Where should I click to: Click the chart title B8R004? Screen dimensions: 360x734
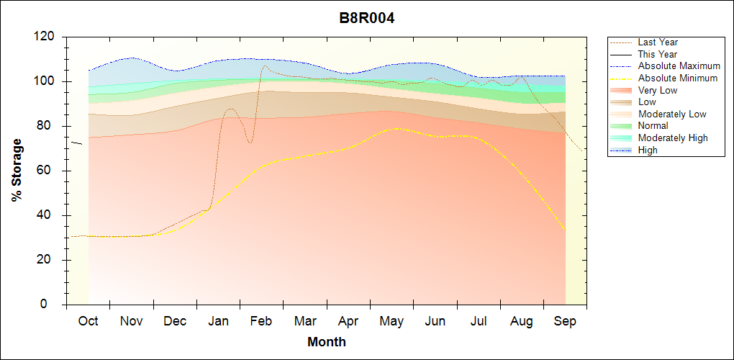tap(367, 18)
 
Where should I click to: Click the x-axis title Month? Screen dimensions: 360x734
tap(326, 342)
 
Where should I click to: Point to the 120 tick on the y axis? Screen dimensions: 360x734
tap(47, 37)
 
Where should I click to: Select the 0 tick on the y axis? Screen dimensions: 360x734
tap(53, 305)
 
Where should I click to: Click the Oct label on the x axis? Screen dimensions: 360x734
tap(88, 321)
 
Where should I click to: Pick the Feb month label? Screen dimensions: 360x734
tap(261, 321)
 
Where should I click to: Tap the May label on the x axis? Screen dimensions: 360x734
tap(391, 321)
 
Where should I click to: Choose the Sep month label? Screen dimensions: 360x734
tap(565, 321)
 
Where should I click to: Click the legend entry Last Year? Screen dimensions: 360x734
tap(658, 42)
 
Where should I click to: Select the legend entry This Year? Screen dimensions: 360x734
tap(658, 54)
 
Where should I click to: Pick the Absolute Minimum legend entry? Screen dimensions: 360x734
tap(677, 78)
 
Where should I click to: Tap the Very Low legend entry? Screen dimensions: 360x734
tap(658, 90)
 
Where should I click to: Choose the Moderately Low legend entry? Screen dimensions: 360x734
tap(672, 114)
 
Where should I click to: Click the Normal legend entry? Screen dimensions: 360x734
tap(653, 126)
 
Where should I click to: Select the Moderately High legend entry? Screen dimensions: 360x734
tap(673, 138)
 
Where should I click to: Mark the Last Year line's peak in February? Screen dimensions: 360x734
tap(264, 66)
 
